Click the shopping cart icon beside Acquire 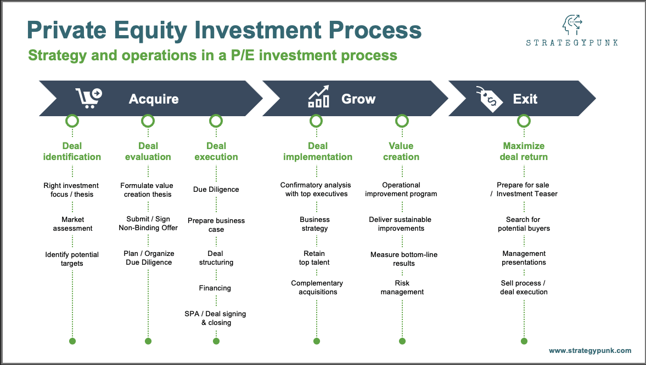click(88, 99)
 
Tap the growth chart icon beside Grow click(318, 97)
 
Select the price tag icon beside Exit click(489, 99)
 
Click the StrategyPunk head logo click(571, 25)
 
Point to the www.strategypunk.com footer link click(590, 351)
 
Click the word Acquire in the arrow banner click(154, 99)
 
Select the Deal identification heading click(72, 151)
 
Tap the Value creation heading click(401, 151)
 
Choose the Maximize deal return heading click(524, 151)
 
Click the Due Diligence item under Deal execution click(216, 190)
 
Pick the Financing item click(215, 288)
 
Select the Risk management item click(402, 288)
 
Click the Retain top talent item click(314, 258)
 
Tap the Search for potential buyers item click(524, 224)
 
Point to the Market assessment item click(72, 224)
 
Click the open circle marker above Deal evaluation click(148, 121)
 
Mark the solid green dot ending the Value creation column click(402, 341)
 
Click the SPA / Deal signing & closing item click(215, 318)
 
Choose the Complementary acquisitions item click(317, 288)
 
